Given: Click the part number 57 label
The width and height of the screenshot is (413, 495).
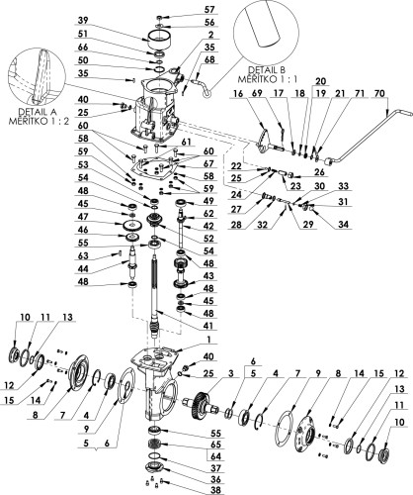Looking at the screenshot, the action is pos(209,10).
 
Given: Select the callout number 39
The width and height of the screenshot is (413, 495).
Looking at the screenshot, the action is pos(83,21).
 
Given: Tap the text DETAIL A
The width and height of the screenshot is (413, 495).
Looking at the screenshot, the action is pos(34,111).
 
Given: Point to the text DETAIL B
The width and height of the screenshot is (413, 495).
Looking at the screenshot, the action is pos(266,70).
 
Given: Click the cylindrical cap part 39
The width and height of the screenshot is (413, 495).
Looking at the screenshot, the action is pos(159,40).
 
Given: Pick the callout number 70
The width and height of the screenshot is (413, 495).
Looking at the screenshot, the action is pos(379,94).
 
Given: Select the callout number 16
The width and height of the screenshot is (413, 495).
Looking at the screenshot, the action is pos(238,94).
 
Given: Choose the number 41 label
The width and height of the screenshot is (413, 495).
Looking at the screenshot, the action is pos(207,326).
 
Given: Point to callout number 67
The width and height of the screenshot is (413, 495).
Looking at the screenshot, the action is pos(208,163).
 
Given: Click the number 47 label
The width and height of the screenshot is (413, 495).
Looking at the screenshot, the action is pos(83,217).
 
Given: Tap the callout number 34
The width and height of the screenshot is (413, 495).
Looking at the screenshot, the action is pos(343,225).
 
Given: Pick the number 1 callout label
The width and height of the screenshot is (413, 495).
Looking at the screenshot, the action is pos(208,340).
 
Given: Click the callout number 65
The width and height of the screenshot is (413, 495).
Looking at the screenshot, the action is pos(215,445).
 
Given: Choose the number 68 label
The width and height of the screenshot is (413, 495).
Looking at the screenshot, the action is pos(208,59).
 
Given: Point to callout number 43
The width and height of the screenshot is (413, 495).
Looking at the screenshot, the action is pos(208,276).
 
